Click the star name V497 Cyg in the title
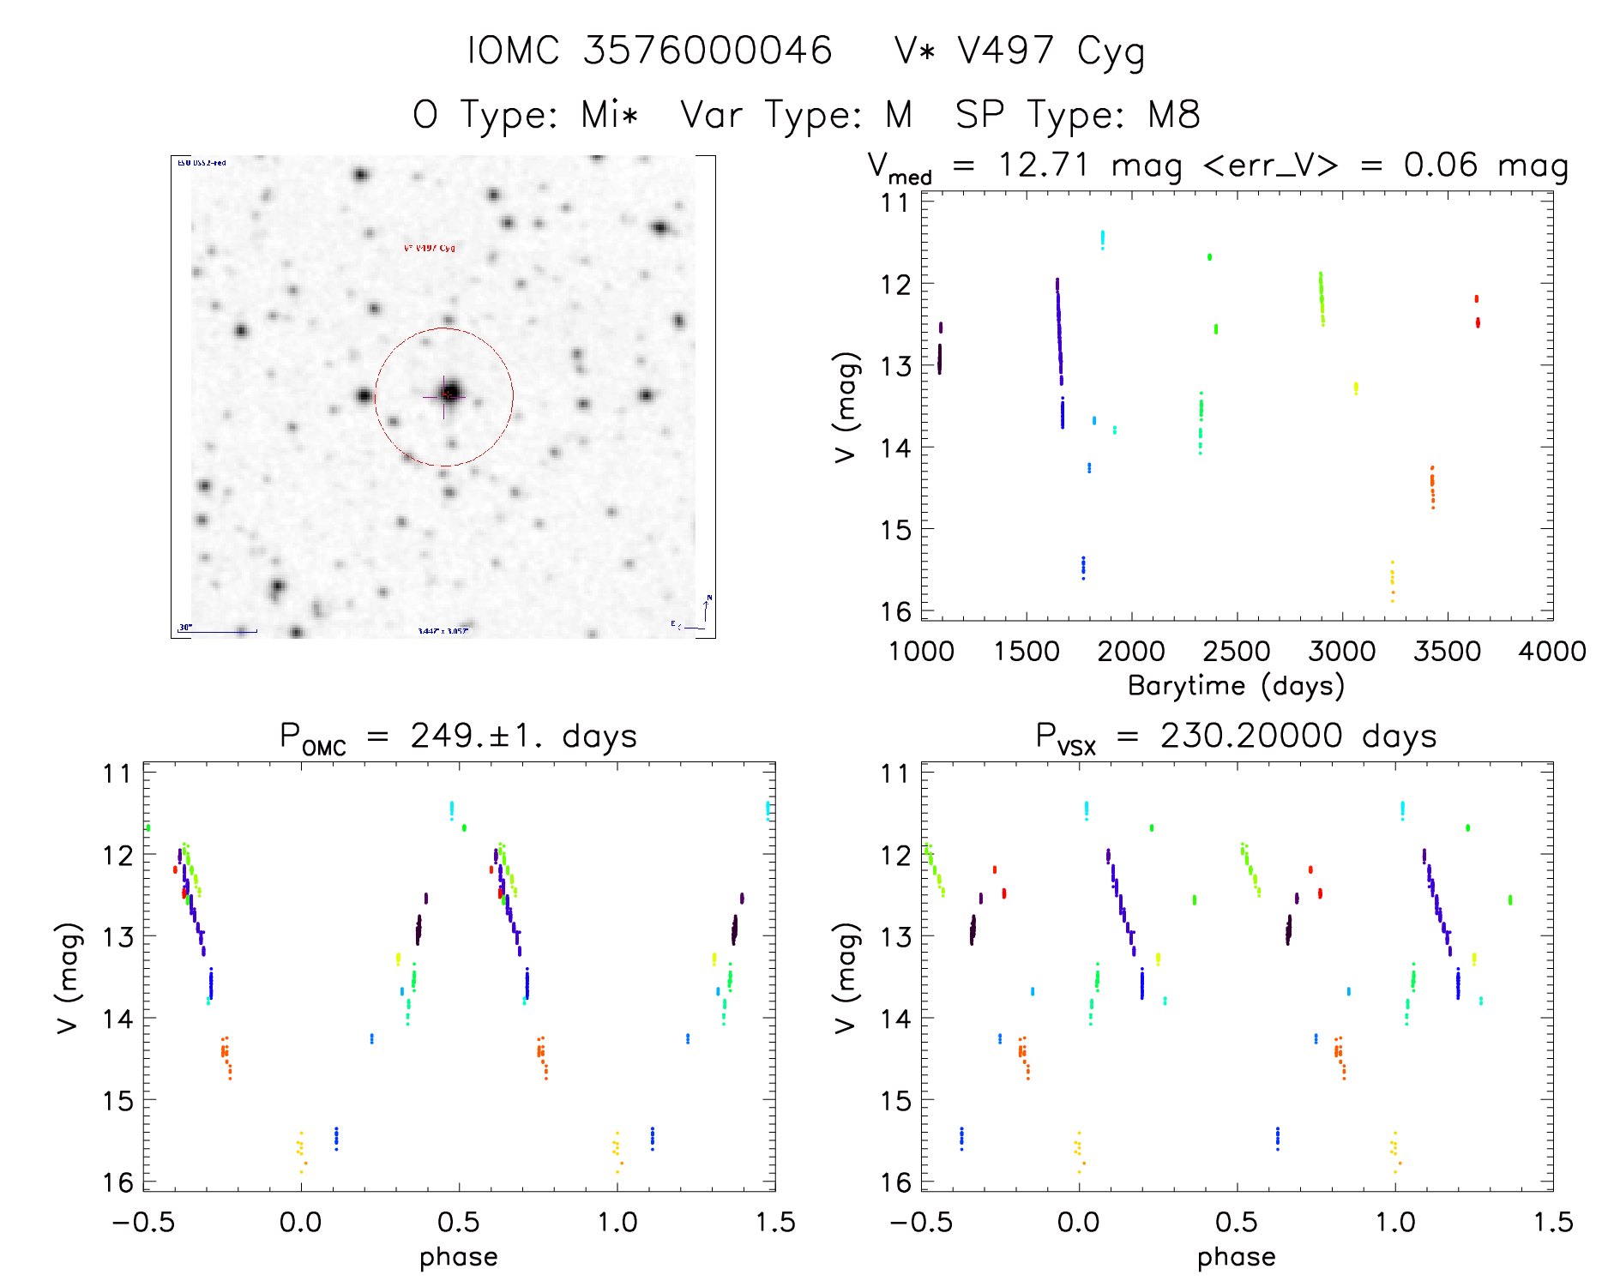point(1019,51)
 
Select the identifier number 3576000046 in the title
point(708,51)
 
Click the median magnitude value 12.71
point(1043,165)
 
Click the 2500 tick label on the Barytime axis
point(1237,652)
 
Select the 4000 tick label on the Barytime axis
point(1551,652)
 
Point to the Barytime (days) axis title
point(1236,686)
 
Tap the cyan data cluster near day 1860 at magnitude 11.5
point(1102,239)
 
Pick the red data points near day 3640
point(1477,312)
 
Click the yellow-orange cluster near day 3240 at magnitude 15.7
point(1392,582)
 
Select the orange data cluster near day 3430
point(1432,488)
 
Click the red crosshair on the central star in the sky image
point(446,395)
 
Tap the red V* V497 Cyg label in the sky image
point(430,249)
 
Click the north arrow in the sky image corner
point(707,608)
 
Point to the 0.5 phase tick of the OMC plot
point(459,1223)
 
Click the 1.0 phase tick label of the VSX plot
point(1395,1223)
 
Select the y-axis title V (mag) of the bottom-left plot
point(68,978)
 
